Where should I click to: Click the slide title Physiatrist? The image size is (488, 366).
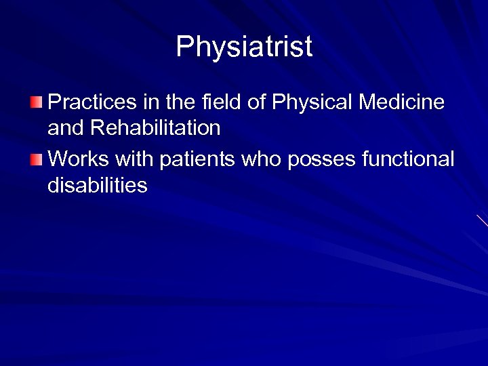pyautogui.click(x=244, y=47)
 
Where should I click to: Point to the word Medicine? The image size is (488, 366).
pyautogui.click(x=402, y=102)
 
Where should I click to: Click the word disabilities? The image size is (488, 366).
pyautogui.click(x=98, y=185)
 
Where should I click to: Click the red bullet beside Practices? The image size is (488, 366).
pyautogui.click(x=36, y=103)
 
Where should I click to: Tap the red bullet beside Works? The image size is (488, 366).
pyautogui.click(x=36, y=160)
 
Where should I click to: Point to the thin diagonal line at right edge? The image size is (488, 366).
pyautogui.click(x=482, y=220)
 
